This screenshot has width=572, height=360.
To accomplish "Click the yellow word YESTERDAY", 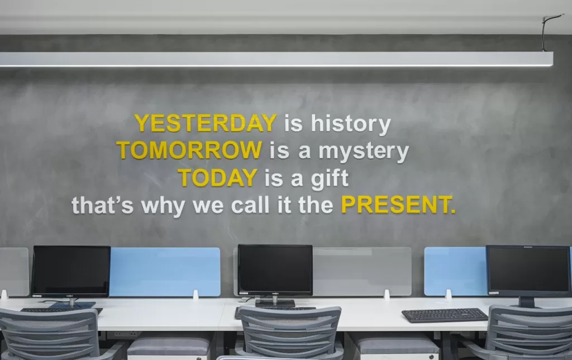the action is click(206, 123).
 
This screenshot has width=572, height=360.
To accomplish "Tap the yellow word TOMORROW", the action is click(189, 150).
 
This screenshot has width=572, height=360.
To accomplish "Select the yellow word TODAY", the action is click(218, 177).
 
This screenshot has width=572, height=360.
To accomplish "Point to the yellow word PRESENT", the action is click(398, 205).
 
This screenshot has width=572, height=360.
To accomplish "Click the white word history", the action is click(351, 124).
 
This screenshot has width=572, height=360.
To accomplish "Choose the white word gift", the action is click(330, 179).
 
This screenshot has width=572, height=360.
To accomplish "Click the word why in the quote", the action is click(163, 206).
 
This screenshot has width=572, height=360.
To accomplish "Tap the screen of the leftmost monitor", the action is click(71, 270).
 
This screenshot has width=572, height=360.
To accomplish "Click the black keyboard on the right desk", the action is click(445, 315).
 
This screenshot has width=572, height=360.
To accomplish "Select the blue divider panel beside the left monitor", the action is click(165, 272).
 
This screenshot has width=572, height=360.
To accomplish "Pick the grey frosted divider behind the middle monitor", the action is click(362, 271).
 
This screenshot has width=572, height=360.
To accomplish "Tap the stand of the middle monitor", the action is click(275, 301).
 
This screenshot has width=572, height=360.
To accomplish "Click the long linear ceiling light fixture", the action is click(276, 59).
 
